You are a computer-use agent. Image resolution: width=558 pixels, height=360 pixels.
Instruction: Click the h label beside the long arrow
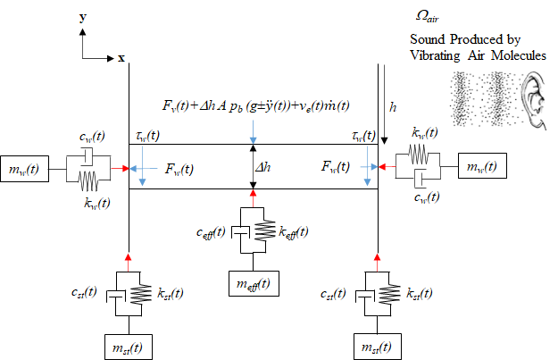tap(393, 108)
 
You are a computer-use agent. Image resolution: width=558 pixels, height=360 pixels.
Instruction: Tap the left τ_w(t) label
tap(147, 135)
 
